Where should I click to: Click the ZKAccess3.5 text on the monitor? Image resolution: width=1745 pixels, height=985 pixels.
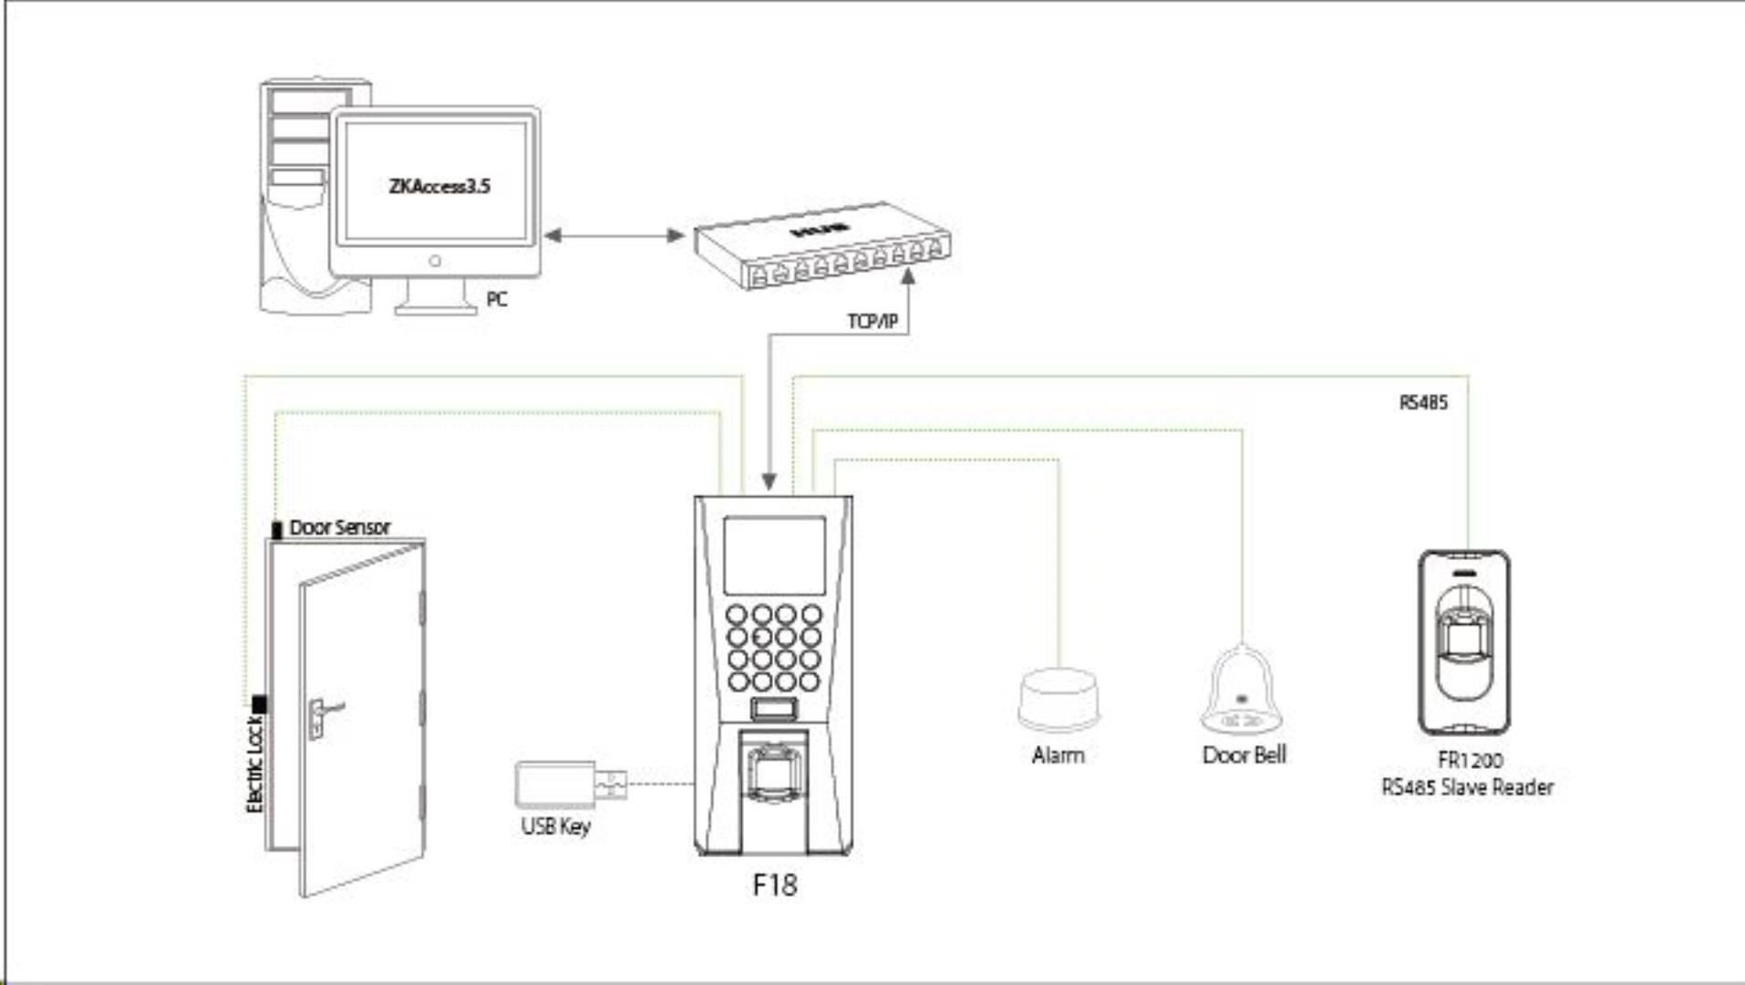[x=439, y=186]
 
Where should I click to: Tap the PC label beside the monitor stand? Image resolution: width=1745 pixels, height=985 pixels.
[x=497, y=300]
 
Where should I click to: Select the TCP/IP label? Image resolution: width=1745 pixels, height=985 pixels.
[x=872, y=322]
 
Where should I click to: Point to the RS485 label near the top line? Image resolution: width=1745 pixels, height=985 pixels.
[x=1423, y=402]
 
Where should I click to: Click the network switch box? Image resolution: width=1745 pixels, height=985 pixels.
[x=821, y=246]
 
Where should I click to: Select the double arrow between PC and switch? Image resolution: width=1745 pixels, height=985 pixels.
[x=614, y=236]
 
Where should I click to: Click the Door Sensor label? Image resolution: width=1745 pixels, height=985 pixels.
[x=339, y=527]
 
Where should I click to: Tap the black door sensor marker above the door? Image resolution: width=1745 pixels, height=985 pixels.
[x=277, y=529]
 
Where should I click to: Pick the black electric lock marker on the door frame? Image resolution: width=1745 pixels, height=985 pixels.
[x=260, y=704]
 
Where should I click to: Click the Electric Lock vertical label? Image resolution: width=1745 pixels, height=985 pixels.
[x=255, y=764]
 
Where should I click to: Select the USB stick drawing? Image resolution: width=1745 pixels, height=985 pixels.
[x=569, y=783]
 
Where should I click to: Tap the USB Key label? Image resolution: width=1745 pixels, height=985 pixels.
[x=556, y=826]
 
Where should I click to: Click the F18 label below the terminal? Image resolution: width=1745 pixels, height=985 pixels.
[x=774, y=885]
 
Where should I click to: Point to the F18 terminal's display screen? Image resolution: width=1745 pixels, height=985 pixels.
[x=774, y=555]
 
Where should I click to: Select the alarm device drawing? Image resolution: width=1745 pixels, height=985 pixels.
[x=1058, y=700]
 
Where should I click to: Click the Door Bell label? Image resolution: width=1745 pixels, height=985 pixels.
[x=1244, y=755]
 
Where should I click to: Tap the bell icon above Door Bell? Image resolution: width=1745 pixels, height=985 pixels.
[x=1242, y=691]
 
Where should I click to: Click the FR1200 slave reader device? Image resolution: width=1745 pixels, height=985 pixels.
[x=1463, y=642]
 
